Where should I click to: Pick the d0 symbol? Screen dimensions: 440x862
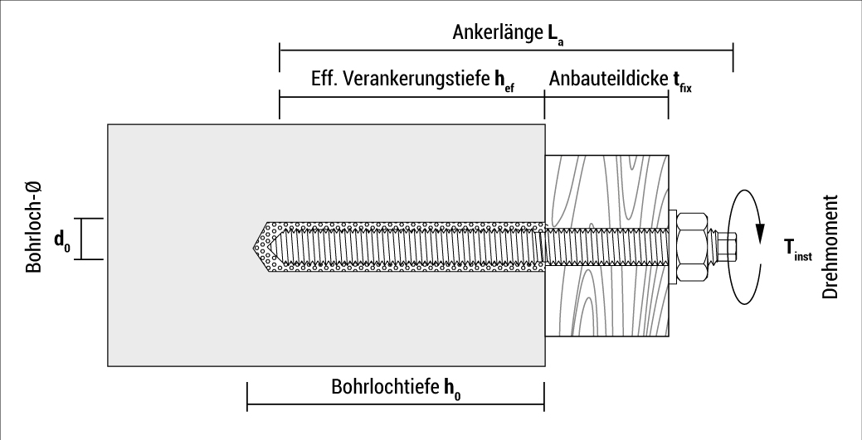point(61,240)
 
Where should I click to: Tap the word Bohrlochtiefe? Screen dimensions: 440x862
point(386,386)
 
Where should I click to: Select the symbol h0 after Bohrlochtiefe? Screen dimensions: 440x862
point(452,388)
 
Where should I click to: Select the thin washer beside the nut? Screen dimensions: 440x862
point(672,246)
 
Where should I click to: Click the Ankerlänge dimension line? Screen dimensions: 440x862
point(506,50)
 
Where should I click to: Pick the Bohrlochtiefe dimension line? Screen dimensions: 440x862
point(396,407)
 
